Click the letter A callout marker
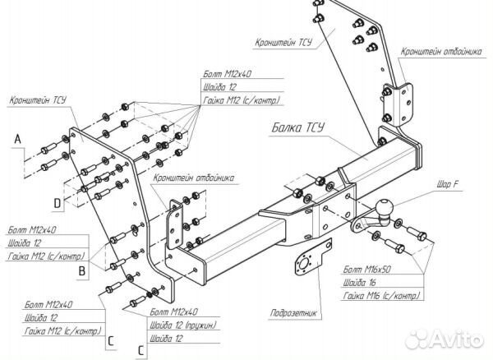[x=16, y=141]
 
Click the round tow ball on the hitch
[x=384, y=207]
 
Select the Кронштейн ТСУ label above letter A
[x=38, y=103]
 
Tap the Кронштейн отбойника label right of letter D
[x=193, y=176]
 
